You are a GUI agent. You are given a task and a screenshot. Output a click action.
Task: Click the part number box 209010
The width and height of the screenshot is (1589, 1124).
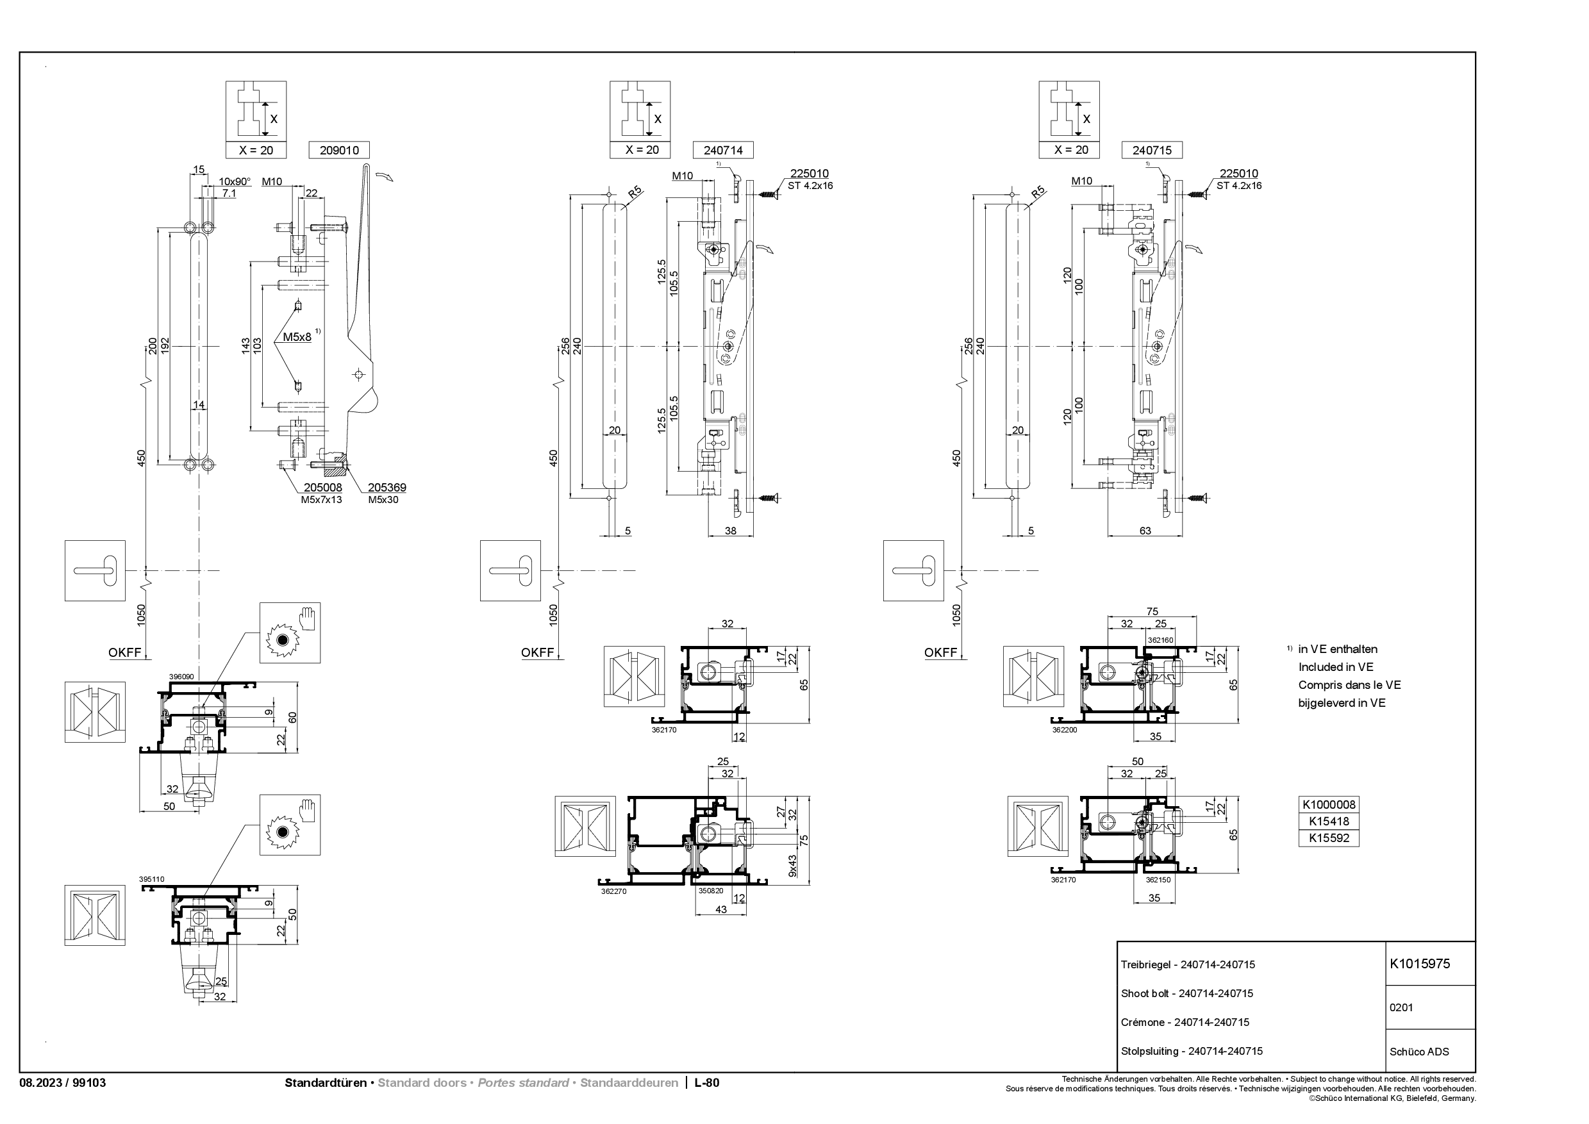[338, 150]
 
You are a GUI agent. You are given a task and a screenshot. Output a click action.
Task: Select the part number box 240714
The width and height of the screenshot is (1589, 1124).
[723, 150]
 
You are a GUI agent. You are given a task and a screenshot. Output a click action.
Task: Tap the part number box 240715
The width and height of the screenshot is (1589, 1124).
[1151, 150]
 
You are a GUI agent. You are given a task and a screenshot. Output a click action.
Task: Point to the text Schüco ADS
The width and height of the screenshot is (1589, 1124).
[1418, 1052]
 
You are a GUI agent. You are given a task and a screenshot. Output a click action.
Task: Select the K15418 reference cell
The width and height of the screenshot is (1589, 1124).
[1328, 822]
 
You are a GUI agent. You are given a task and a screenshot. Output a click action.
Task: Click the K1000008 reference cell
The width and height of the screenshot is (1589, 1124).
[1328, 804]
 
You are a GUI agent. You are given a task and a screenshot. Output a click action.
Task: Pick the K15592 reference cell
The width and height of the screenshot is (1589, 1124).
[1328, 838]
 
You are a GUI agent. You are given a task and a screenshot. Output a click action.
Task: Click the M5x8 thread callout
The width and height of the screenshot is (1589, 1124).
[297, 337]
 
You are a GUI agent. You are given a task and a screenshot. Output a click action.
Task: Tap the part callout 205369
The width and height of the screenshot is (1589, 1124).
[387, 487]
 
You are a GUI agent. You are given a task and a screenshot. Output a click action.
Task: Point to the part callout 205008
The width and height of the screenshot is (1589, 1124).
[322, 487]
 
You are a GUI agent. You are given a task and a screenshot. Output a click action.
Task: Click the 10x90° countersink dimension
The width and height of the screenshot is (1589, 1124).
[235, 181]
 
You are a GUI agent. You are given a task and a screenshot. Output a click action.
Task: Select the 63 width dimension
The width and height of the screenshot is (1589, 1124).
[1145, 531]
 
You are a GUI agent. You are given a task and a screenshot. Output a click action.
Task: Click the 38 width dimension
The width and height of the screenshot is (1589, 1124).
[730, 531]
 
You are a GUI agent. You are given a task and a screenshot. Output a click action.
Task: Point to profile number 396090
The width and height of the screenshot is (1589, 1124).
[181, 676]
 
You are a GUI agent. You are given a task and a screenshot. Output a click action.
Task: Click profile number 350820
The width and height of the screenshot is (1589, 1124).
[710, 891]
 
